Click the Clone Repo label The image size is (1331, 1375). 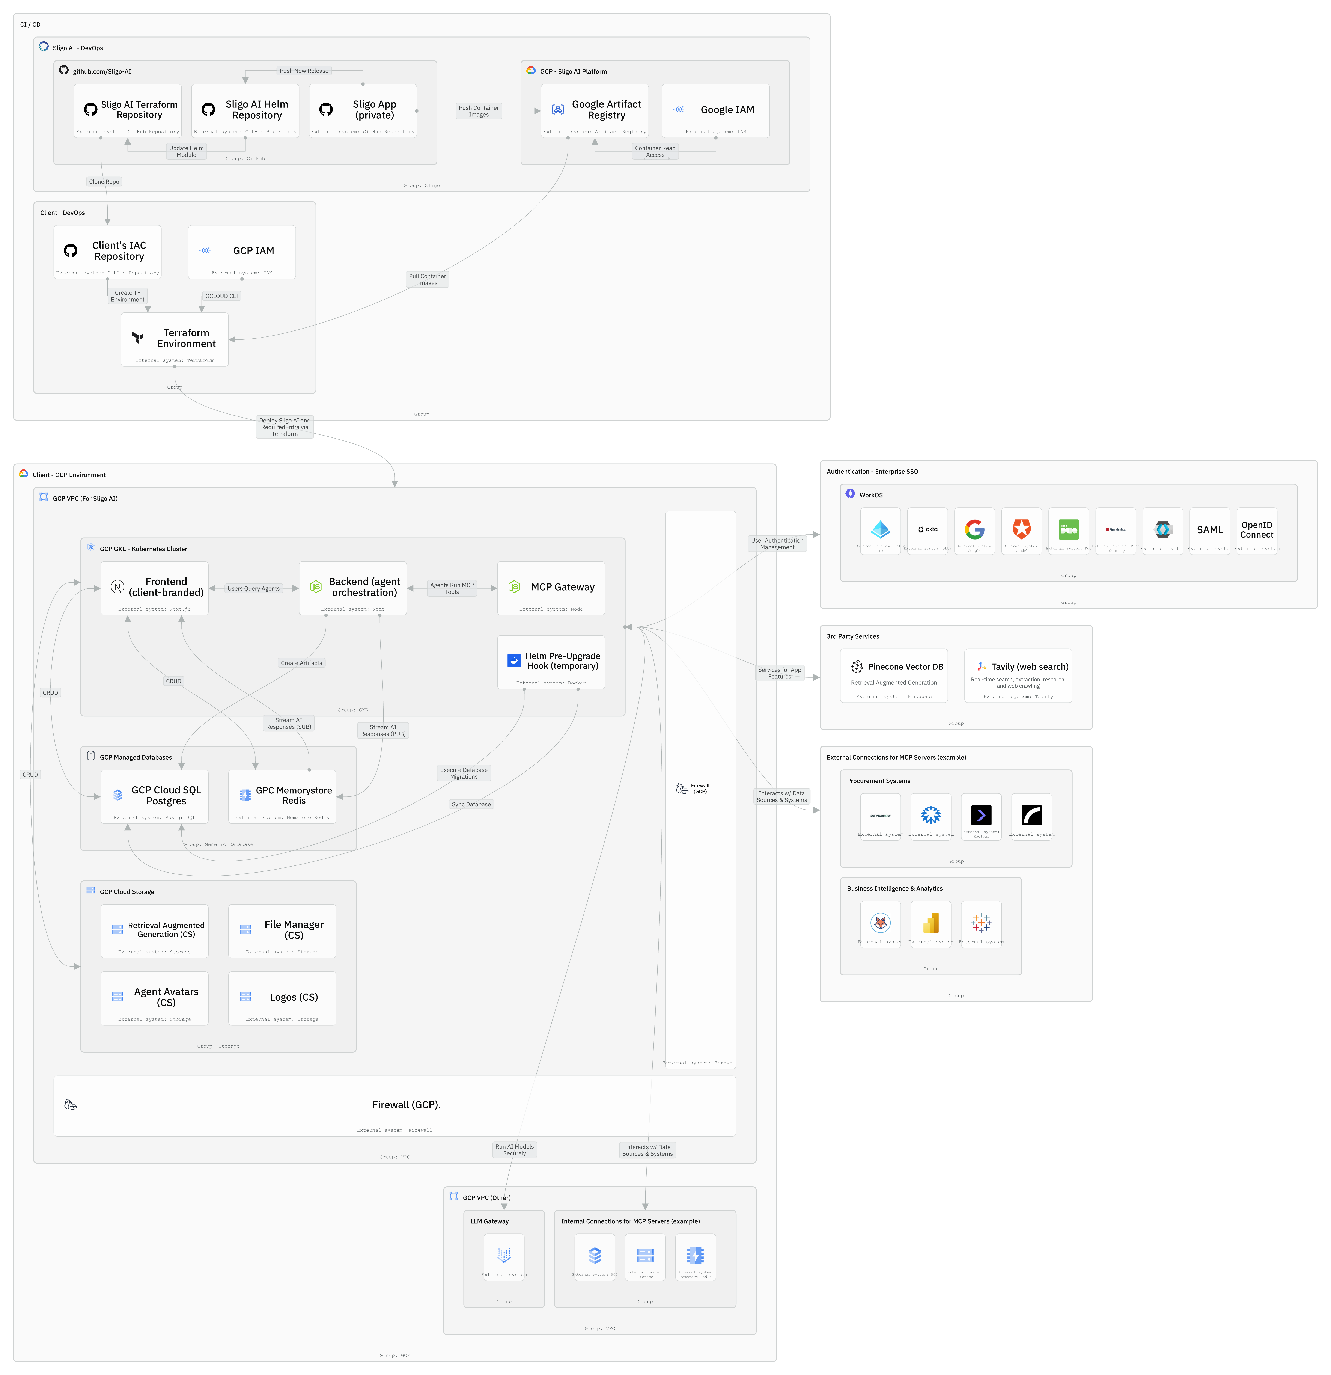point(104,182)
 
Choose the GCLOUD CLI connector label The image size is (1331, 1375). point(222,296)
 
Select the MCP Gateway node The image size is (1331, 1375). point(551,588)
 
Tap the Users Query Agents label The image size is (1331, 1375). point(253,589)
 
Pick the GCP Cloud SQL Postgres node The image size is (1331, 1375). point(154,796)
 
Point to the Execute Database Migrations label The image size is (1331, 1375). point(464,773)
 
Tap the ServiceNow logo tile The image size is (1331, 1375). point(880,817)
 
